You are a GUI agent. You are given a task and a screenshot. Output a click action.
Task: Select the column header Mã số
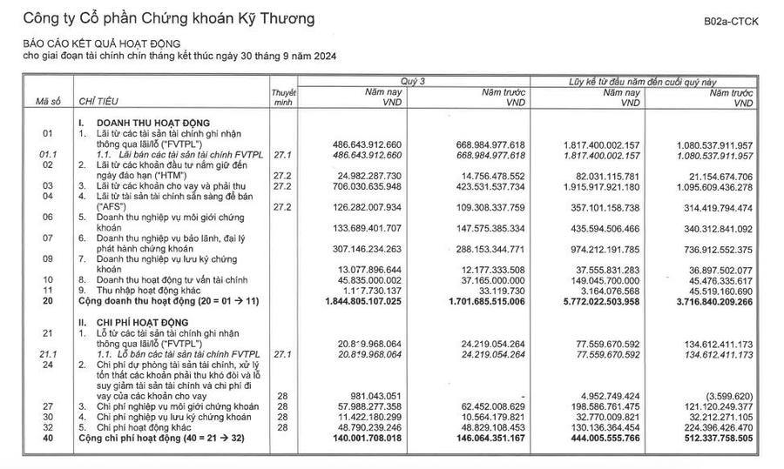pyautogui.click(x=48, y=102)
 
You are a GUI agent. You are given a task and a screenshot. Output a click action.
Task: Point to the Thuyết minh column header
pyautogui.click(x=283, y=97)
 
